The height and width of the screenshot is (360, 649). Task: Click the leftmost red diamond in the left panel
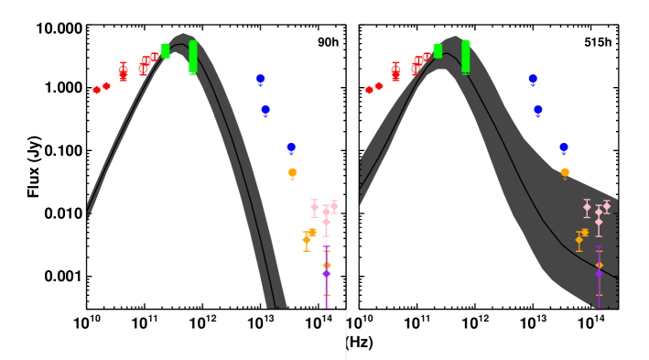tap(97, 90)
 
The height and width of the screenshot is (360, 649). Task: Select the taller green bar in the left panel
tap(193, 56)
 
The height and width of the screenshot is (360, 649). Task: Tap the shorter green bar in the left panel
tap(166, 50)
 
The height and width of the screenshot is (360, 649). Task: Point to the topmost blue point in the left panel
tap(260, 80)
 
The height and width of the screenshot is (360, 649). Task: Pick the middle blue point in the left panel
tap(265, 111)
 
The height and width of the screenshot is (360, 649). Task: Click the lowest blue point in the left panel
tap(291, 147)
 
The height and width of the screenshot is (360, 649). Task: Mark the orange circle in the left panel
tap(293, 172)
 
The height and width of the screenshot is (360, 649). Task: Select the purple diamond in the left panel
tap(326, 274)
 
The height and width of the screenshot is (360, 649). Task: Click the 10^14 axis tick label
tap(319, 323)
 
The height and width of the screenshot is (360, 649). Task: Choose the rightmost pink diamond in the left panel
tap(334, 207)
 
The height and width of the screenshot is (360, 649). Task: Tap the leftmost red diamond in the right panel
tap(369, 90)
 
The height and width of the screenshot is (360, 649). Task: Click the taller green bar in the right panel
tap(466, 56)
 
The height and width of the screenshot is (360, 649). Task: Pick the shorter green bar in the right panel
tap(438, 50)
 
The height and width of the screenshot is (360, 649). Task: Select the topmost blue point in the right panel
tap(533, 80)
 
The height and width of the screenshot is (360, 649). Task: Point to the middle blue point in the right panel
tap(538, 111)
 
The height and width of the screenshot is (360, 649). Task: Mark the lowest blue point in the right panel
tap(564, 147)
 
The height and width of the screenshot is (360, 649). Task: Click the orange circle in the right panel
tap(565, 172)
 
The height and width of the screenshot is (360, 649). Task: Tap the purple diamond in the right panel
tap(599, 273)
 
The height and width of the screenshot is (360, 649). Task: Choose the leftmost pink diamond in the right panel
tap(587, 207)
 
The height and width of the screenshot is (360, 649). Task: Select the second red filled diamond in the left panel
tap(107, 86)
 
